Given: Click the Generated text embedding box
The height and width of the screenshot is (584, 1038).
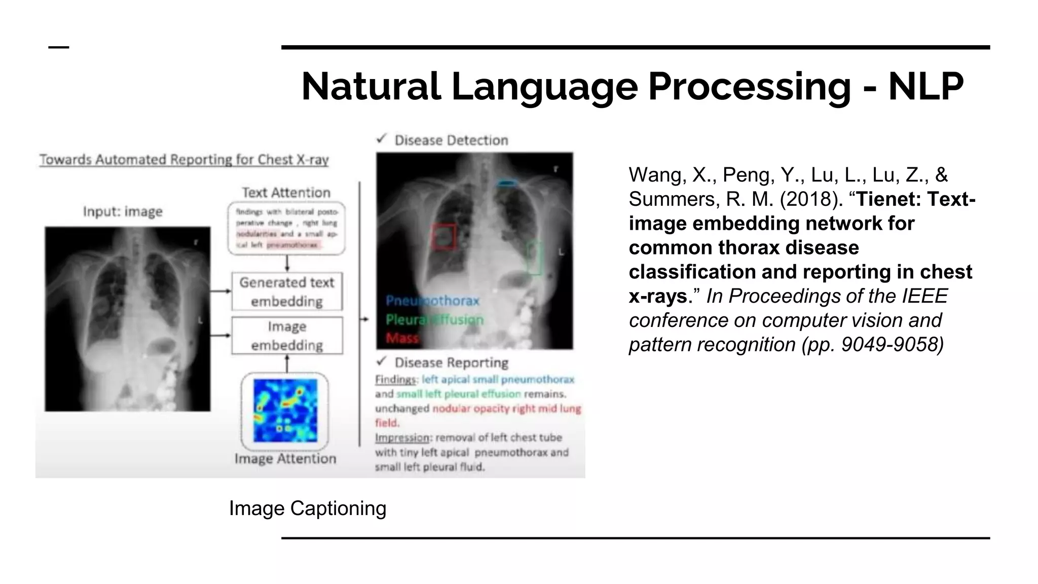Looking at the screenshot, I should click(x=287, y=291).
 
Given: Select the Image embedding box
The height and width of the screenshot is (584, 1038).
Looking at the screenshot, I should click(x=287, y=336).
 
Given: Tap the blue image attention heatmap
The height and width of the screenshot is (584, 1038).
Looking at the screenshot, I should click(x=285, y=410).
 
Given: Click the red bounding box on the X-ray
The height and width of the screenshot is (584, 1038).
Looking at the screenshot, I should click(x=443, y=237).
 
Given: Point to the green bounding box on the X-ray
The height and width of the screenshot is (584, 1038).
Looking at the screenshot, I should click(x=534, y=258).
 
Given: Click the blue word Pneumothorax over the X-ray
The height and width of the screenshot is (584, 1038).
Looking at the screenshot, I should click(x=432, y=301).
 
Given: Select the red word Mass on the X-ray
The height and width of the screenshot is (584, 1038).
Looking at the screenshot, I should click(x=402, y=338).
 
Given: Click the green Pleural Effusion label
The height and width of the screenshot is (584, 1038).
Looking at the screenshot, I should click(x=434, y=319).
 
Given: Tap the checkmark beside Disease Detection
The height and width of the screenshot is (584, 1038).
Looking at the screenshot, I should click(x=382, y=139).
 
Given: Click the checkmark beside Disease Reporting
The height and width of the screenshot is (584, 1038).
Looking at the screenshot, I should click(x=382, y=361).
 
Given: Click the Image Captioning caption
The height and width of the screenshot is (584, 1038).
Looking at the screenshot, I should click(x=307, y=508).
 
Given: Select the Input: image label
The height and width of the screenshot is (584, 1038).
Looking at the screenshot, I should click(x=123, y=211).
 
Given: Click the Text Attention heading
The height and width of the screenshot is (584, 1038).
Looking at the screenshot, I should click(x=286, y=193).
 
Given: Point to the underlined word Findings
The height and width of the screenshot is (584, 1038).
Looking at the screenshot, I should click(x=395, y=379).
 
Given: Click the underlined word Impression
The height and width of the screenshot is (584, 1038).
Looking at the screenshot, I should click(x=402, y=437).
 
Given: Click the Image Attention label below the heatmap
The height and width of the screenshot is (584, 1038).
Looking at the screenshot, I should click(x=285, y=458).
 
